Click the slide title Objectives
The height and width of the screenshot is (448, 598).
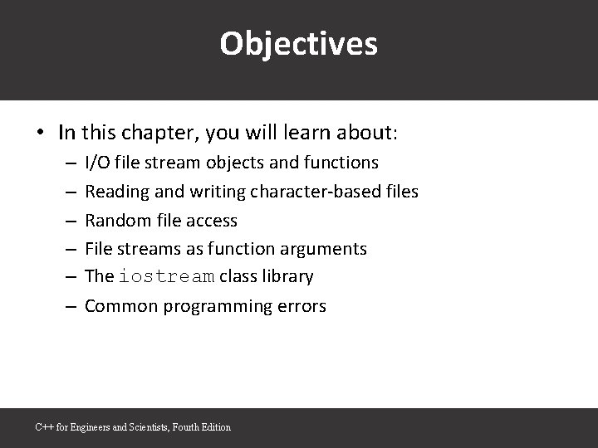[x=298, y=44]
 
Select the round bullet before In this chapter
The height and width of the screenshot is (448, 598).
[x=41, y=133]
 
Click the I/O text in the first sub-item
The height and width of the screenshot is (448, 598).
[x=97, y=163]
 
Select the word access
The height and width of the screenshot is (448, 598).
[x=211, y=221]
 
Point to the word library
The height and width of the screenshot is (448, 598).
[x=287, y=277]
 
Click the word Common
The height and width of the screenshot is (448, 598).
[x=120, y=306]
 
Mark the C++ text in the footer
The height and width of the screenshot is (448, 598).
[x=44, y=427]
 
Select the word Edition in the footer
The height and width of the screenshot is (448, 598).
[x=215, y=427]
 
